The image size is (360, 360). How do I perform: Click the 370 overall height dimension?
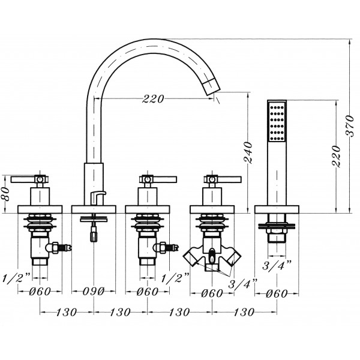click(x=350, y=126)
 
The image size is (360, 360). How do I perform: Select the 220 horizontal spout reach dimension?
click(x=154, y=99)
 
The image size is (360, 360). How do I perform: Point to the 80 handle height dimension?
click(x=6, y=194)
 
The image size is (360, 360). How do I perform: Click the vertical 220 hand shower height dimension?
click(x=337, y=156)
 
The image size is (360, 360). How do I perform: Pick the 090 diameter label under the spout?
click(x=94, y=292)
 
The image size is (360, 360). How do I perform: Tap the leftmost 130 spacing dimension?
click(x=67, y=312)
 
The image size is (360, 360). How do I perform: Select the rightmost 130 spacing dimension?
click(x=244, y=312)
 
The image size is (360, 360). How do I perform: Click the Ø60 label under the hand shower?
click(x=277, y=293)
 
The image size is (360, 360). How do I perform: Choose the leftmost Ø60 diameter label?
click(x=40, y=292)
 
